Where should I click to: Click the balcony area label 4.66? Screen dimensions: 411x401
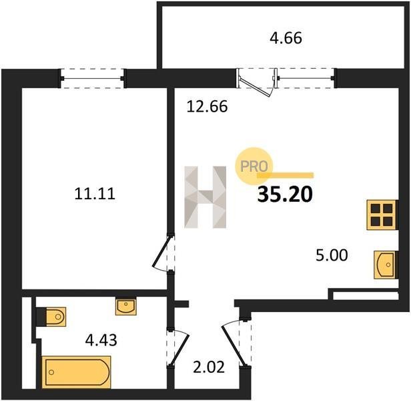pos(286,38)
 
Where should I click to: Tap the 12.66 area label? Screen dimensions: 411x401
pos(207,107)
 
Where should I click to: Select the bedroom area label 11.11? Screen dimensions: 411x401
pos(95,194)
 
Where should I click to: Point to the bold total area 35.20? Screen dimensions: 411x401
pos(285,194)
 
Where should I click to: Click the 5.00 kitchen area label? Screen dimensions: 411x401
pos(332,255)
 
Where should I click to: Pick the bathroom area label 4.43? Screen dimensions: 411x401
pos(101,340)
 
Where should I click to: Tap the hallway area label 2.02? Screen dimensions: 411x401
pos(209,367)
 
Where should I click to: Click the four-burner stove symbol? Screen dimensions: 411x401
pos(382,215)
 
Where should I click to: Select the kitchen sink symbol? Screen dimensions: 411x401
pos(385,265)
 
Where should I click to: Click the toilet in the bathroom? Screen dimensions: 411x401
pos(55,316)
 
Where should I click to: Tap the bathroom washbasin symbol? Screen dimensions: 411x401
pos(126,307)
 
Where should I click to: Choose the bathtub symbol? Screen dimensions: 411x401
pos(76,372)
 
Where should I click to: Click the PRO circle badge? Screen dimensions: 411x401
pos(254,166)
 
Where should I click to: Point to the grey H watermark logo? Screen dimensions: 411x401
pos(205,197)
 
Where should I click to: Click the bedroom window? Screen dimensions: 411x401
pos(93,78)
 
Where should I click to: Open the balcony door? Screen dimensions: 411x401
pos(257,82)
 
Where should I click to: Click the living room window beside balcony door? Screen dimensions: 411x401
pos(306,78)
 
